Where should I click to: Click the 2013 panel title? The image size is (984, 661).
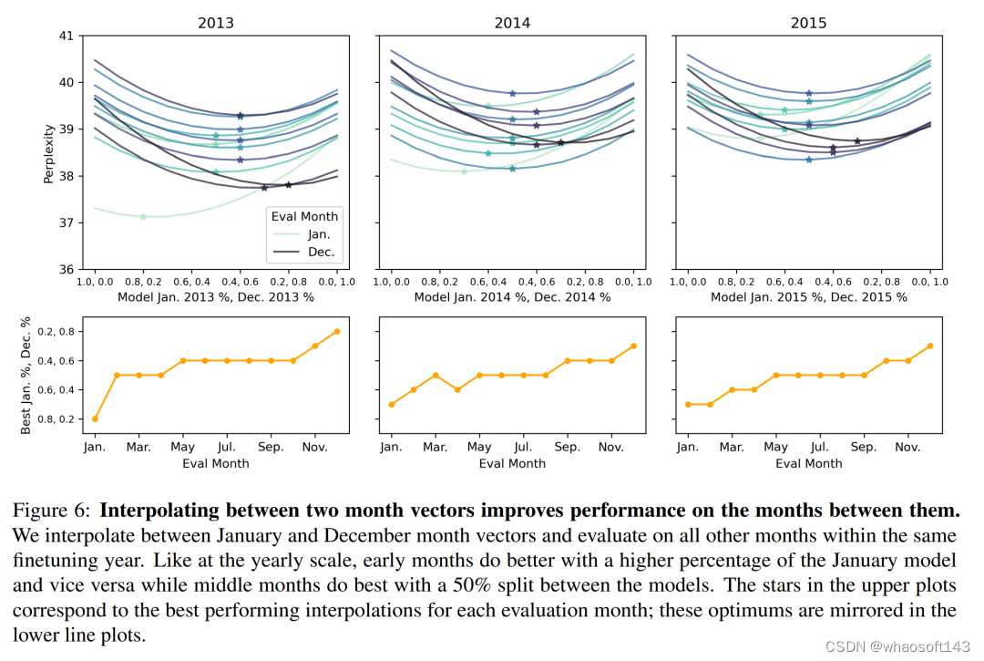[x=215, y=23]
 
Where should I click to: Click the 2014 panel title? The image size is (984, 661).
[x=512, y=23]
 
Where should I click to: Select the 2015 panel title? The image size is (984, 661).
[x=809, y=23]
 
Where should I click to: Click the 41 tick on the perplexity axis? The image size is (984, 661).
[x=65, y=36]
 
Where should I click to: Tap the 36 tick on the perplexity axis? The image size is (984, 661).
[x=65, y=270]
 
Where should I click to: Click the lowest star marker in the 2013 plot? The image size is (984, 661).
[x=143, y=216]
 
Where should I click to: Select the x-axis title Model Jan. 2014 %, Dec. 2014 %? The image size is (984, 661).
[x=512, y=297]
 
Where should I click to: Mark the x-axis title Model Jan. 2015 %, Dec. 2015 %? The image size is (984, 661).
[x=809, y=297]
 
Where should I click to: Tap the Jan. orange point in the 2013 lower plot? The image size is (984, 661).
[x=95, y=418]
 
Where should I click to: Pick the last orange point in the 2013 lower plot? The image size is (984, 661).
[x=336, y=331]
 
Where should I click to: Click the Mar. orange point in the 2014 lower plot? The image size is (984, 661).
[x=436, y=375]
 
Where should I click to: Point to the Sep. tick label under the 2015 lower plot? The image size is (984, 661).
[x=865, y=448]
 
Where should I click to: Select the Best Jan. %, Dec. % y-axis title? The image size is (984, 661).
[x=26, y=376]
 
